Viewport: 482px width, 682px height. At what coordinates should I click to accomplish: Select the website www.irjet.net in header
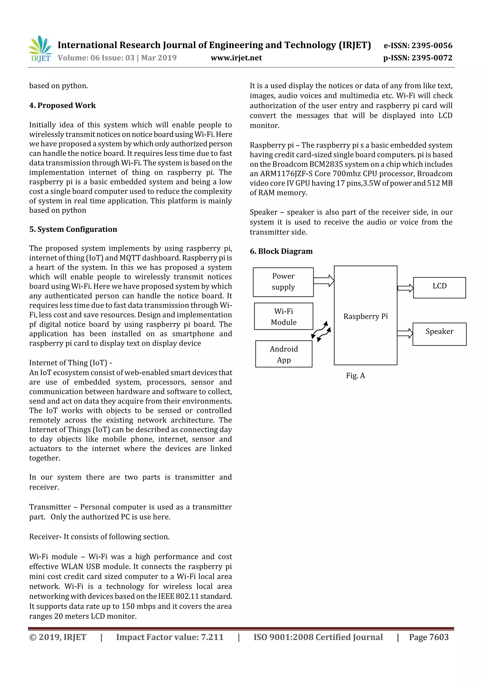pos(236,58)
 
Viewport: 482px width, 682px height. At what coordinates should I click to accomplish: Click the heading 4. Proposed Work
pos(62,105)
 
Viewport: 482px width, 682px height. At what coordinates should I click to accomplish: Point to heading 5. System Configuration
pos(73,229)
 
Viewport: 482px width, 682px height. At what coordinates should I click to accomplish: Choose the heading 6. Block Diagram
pos(281,251)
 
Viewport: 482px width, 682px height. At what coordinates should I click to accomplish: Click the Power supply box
pos(283,282)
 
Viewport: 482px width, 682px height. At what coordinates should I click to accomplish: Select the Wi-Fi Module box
pos(283,316)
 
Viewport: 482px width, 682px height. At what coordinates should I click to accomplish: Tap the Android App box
pos(284,354)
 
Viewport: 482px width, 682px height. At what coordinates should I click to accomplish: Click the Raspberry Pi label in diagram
pos(365,316)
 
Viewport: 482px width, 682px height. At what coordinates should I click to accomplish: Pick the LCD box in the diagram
pos(439,287)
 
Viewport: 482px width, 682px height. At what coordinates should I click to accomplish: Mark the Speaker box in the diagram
pos(439,334)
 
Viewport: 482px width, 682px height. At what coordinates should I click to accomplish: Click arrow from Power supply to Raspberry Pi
pos(324,281)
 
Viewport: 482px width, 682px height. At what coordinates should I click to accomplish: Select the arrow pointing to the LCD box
pos(405,288)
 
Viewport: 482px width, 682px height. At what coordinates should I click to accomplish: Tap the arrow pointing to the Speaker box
pos(405,333)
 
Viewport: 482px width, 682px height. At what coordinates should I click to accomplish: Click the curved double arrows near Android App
pos(321,331)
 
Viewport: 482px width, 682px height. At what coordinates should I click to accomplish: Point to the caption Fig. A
pos(355,376)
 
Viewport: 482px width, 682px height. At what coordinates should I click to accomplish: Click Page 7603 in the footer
pos(429,637)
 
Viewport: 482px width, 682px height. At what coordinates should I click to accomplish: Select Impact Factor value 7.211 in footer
pos(170,637)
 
